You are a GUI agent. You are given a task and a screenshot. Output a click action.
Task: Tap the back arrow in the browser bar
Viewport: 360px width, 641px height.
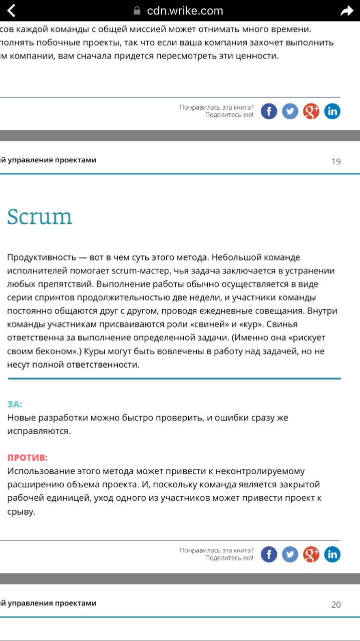click(x=11, y=11)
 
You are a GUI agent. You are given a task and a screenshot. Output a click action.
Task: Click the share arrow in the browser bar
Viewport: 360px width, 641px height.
click(x=346, y=11)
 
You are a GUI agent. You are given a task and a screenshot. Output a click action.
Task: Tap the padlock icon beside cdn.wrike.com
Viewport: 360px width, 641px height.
click(x=137, y=11)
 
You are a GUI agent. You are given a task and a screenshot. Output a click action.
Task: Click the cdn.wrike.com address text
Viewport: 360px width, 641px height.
click(x=185, y=11)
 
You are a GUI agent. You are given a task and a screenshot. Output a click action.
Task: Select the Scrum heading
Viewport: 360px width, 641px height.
click(x=40, y=216)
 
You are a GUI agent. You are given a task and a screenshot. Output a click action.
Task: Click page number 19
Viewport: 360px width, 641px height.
click(x=336, y=161)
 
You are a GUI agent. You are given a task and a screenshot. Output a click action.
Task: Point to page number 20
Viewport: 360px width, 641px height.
click(x=336, y=604)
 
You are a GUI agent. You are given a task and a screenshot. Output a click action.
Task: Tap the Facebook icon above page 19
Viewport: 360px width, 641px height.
click(x=269, y=111)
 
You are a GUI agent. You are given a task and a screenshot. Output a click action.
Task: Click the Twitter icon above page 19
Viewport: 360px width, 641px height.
click(x=290, y=111)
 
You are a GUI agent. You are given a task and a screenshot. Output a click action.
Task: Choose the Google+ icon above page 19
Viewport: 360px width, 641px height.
click(x=311, y=111)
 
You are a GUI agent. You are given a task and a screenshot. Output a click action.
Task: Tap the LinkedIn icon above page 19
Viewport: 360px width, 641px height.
click(x=332, y=111)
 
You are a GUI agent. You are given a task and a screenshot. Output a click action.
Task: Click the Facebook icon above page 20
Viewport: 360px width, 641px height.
click(x=269, y=554)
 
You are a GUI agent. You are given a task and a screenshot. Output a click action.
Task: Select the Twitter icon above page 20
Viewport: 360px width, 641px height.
click(x=290, y=554)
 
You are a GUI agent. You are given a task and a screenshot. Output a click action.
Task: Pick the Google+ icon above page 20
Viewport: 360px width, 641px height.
click(x=311, y=554)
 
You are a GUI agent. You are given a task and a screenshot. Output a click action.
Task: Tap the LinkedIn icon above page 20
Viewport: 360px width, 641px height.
click(x=332, y=554)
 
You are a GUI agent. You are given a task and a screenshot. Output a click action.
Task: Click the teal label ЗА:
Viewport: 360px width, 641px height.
click(x=15, y=404)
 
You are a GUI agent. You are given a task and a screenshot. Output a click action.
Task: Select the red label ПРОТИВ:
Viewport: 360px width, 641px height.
click(x=28, y=458)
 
